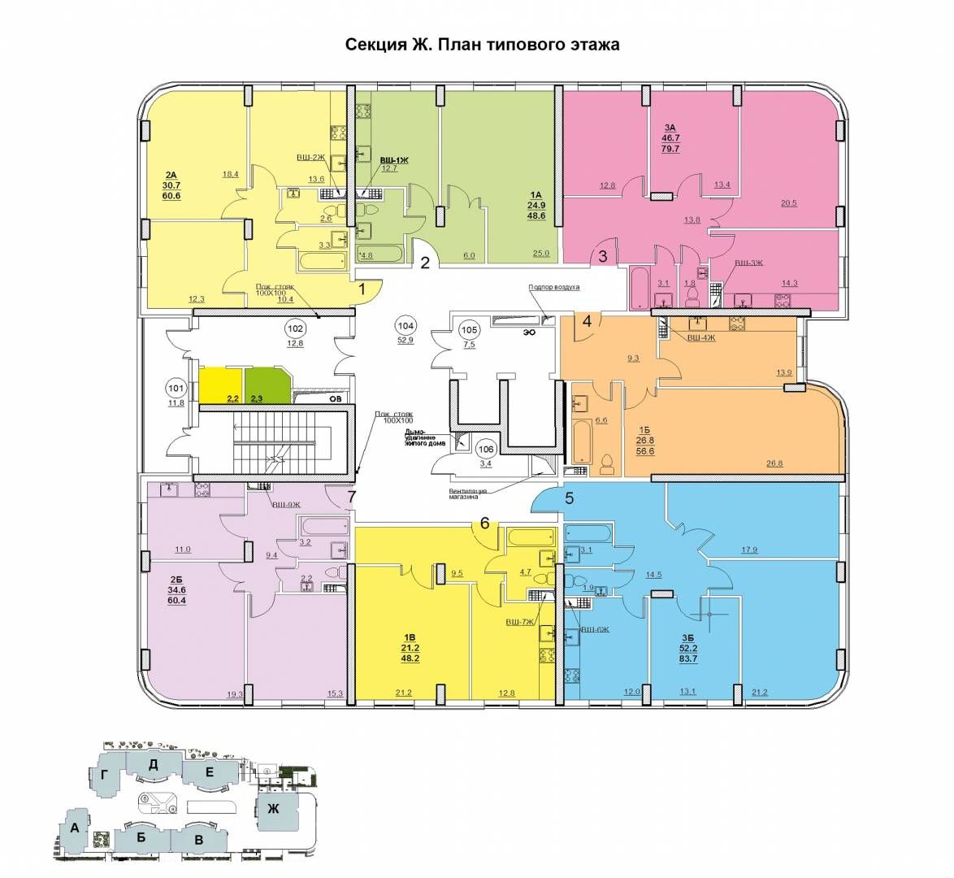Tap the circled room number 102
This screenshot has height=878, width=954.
tap(295, 329)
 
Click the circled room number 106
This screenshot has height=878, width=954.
tap(486, 449)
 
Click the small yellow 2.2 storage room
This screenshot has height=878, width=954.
tap(221, 385)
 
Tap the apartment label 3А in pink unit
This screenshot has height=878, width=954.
tap(670, 128)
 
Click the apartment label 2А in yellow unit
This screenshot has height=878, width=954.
tap(171, 175)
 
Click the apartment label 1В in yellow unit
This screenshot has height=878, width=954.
tap(410, 637)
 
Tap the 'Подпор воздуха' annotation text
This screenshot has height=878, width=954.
tap(553, 287)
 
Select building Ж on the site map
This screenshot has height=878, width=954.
tap(274, 809)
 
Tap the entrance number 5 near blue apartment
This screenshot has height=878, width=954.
tap(570, 498)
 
